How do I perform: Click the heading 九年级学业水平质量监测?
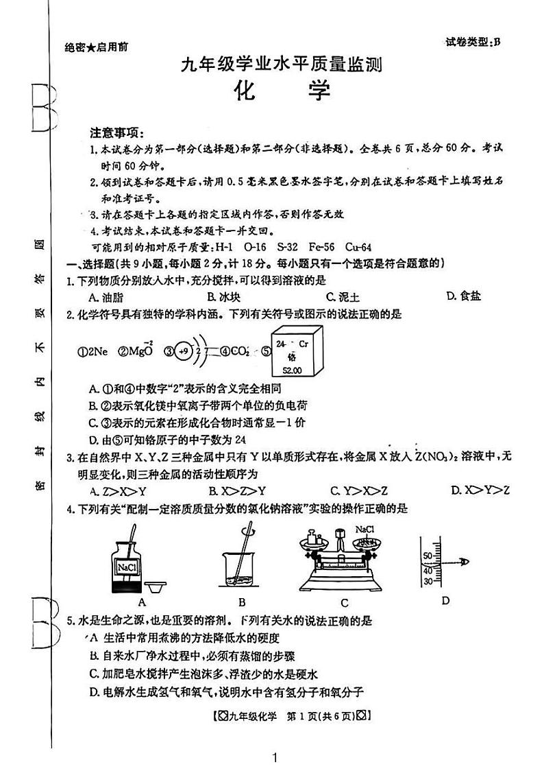coord(280,64)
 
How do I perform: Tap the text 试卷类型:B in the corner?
coord(472,41)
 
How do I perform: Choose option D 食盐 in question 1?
coord(463,296)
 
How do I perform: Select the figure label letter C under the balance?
coord(345,603)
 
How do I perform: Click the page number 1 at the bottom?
coord(274,757)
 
